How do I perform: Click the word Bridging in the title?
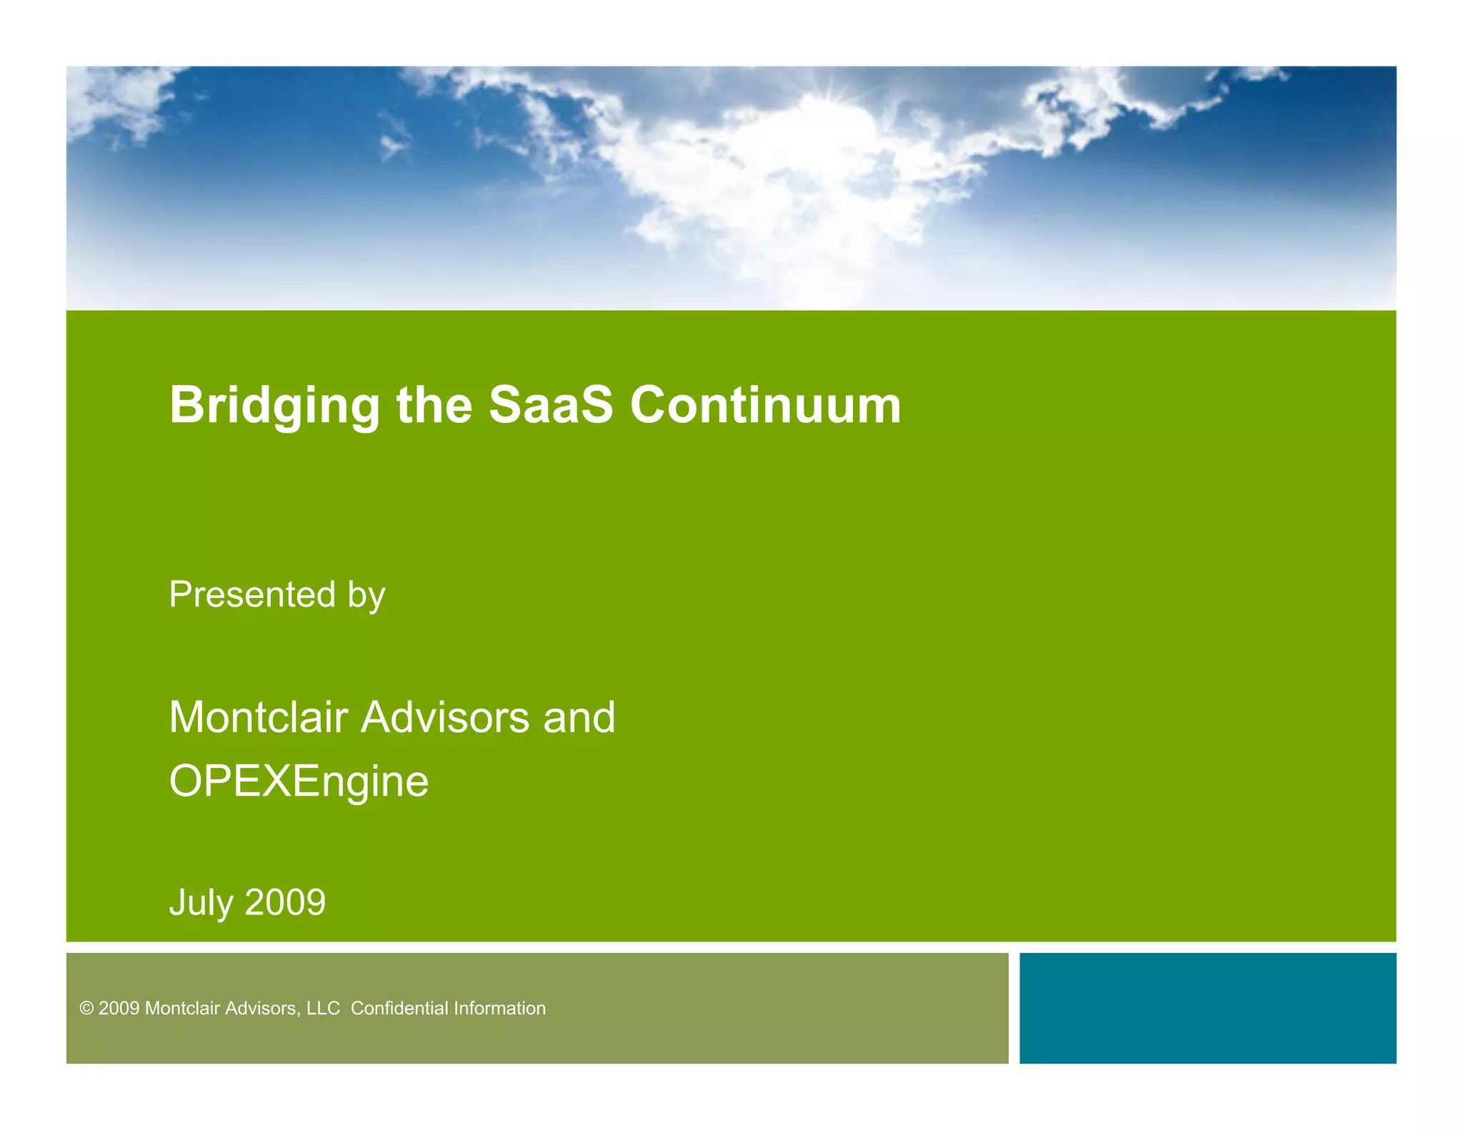tap(274, 406)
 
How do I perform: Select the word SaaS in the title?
tap(550, 405)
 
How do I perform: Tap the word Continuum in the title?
tap(765, 405)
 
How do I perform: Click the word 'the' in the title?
tap(434, 405)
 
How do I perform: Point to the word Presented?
tap(252, 594)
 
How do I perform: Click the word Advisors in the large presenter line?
tap(445, 717)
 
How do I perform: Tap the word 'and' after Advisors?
tap(579, 717)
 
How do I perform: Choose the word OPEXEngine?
tap(299, 781)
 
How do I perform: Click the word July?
tap(201, 903)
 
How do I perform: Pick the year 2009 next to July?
tap(285, 902)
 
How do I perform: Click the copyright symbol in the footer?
tap(86, 1008)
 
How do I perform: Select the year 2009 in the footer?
tap(119, 1008)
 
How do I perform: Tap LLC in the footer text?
tap(323, 1008)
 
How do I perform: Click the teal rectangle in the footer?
tap(1207, 1007)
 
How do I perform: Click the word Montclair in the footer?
tap(183, 1008)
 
